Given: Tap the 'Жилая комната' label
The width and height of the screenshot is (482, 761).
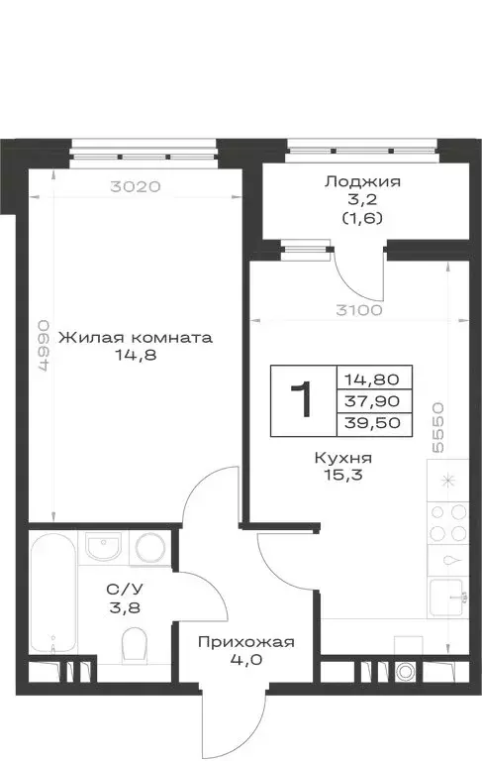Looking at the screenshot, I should point(136,337).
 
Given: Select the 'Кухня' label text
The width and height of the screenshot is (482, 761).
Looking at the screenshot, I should point(342,459).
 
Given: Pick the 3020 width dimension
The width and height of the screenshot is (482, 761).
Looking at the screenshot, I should point(134,184).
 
